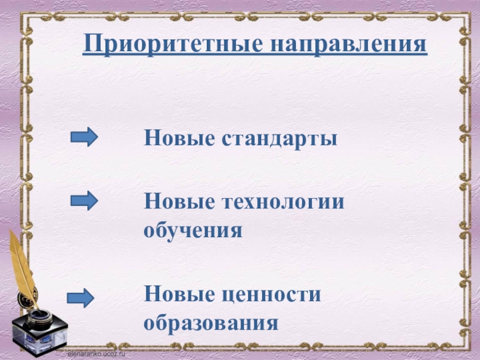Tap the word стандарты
coord(280,139)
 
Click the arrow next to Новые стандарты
coord(84,137)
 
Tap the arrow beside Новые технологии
coord(84,200)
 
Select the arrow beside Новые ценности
coord(80,297)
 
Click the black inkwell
coord(41,327)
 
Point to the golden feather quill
coord(22,264)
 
